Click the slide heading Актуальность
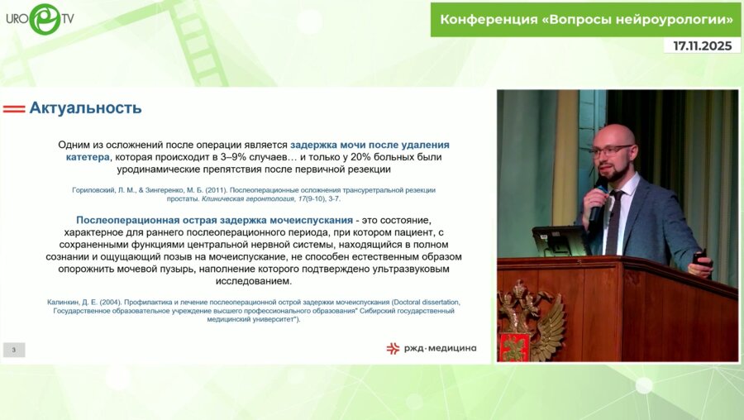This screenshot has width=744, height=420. (x=85, y=107)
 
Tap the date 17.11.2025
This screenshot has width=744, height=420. (x=702, y=46)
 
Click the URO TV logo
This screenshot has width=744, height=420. (x=44, y=18)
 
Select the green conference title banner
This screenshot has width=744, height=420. (x=585, y=19)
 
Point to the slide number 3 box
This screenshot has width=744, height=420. (x=14, y=350)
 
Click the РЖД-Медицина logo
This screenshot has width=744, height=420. (x=431, y=348)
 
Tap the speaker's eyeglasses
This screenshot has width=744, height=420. (x=612, y=150)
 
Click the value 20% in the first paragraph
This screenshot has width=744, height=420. (x=359, y=156)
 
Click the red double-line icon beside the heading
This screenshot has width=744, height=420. (x=14, y=108)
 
